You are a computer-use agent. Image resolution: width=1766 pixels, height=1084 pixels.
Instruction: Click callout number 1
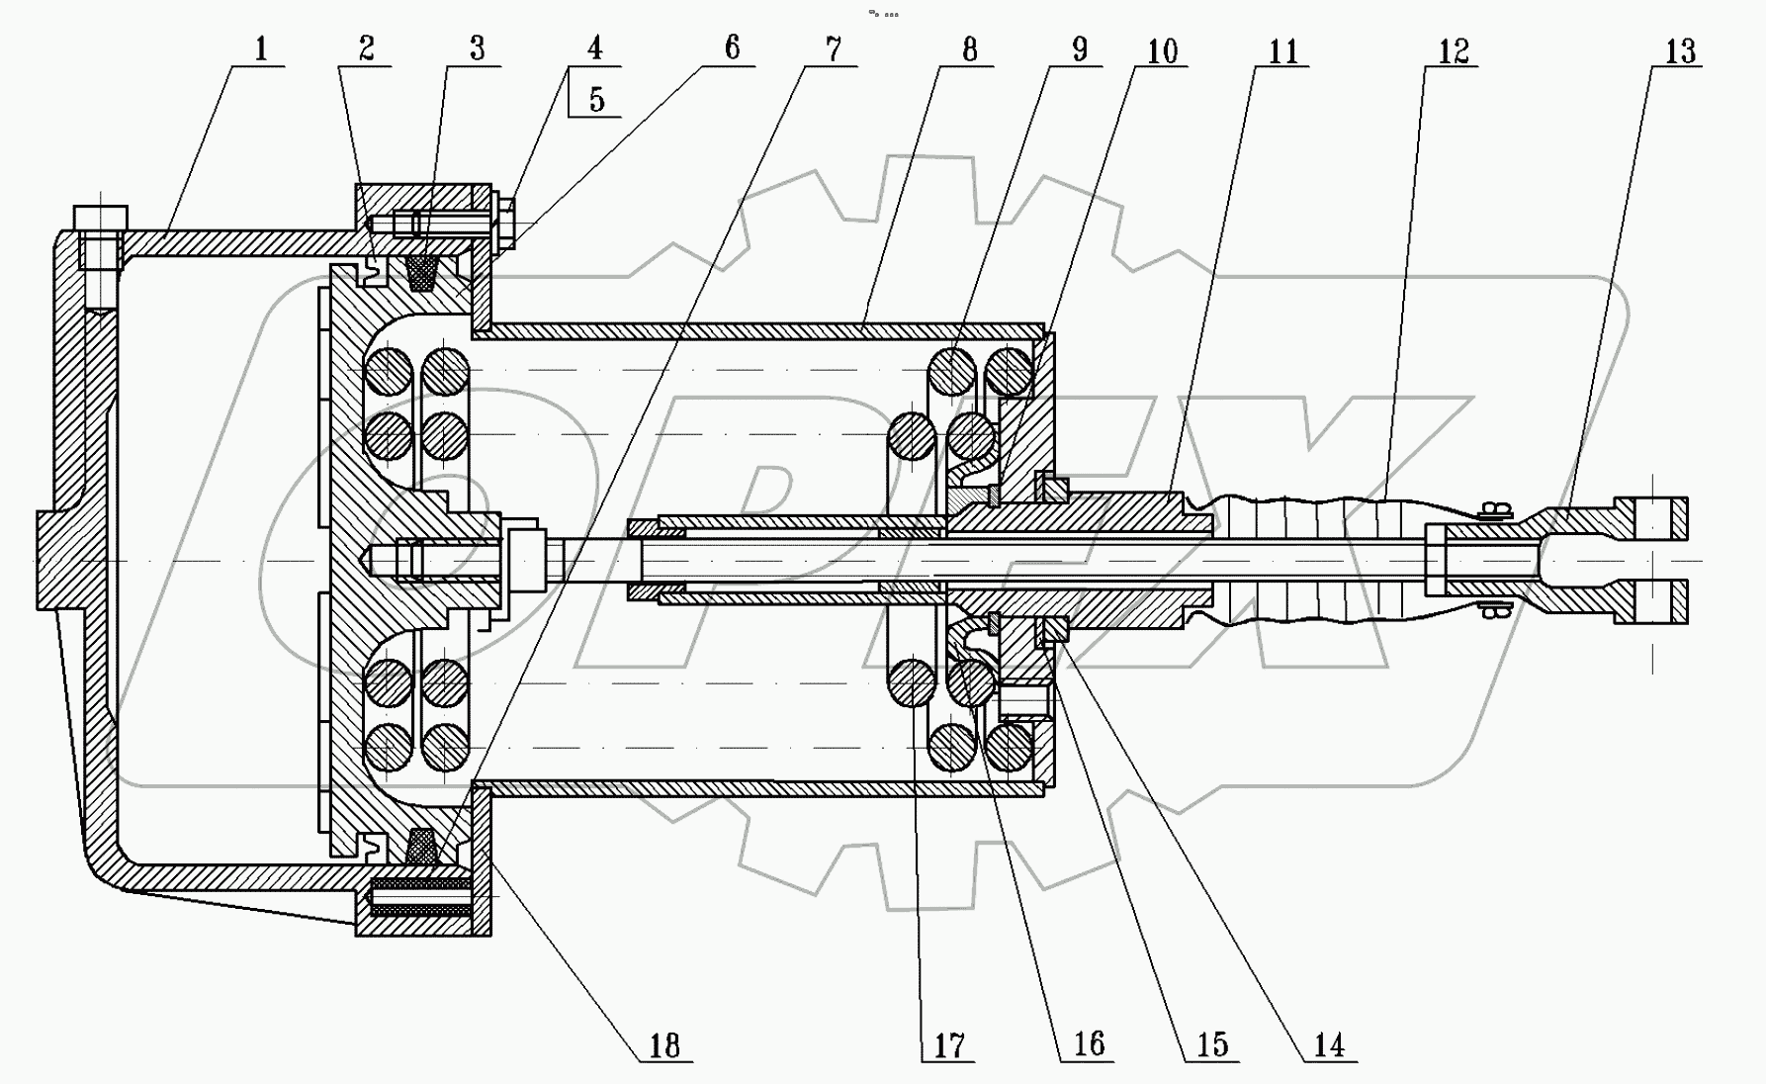(x=261, y=48)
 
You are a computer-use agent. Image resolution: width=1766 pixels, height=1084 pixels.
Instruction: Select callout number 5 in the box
(x=596, y=100)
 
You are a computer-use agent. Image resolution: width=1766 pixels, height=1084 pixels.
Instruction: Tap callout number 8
(x=969, y=49)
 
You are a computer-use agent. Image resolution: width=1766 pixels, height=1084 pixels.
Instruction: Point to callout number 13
(x=1680, y=50)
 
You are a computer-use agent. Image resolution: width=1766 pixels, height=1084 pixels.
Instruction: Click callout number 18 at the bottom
(x=664, y=1045)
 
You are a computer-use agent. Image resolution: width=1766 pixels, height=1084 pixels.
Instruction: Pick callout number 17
(x=948, y=1045)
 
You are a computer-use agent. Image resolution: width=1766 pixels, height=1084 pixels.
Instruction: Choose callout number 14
(x=1329, y=1045)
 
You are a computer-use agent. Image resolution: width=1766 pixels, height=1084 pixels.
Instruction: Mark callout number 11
(x=1282, y=50)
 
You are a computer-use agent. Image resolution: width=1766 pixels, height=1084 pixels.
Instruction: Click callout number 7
(x=834, y=49)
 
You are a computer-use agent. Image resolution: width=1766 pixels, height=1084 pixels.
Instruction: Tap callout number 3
(x=478, y=48)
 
